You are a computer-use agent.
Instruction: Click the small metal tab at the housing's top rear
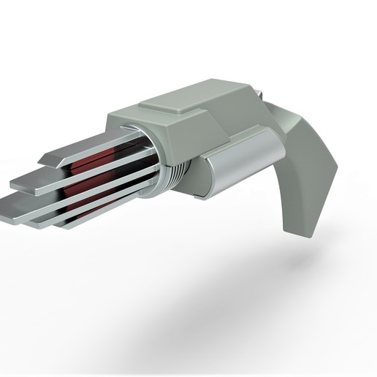[x=257, y=92]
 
